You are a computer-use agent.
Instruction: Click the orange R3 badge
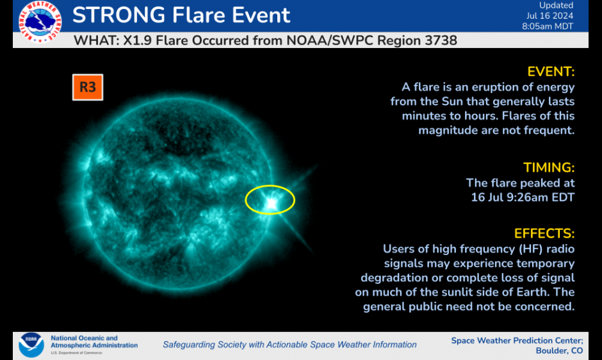(87, 87)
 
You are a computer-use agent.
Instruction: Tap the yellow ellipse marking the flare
(270, 200)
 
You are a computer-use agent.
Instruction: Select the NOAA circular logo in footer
(31, 345)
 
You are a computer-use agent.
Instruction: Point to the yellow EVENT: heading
(550, 71)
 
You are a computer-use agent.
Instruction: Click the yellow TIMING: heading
(548, 168)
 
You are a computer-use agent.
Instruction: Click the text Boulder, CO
(559, 350)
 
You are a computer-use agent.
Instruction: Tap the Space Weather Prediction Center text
(517, 340)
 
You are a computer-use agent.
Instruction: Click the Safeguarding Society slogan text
(289, 345)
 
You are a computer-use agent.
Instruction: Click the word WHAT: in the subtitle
(95, 41)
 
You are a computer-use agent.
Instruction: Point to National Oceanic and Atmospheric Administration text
(94, 342)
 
